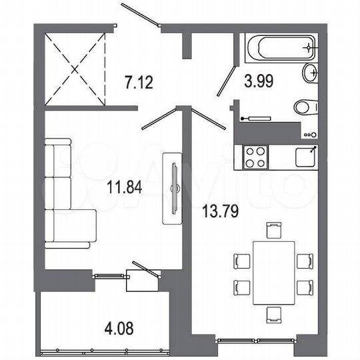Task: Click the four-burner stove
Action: pyautogui.click(x=255, y=157)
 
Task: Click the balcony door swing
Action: pyautogui.click(x=147, y=269)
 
